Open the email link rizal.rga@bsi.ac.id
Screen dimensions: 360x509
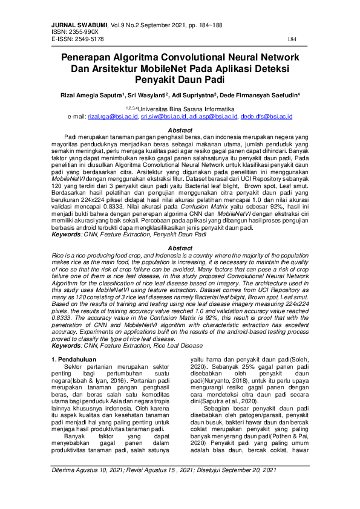click(113, 115)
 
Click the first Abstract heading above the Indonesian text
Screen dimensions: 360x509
click(180, 131)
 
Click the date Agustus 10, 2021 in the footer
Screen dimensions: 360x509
click(108, 487)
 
